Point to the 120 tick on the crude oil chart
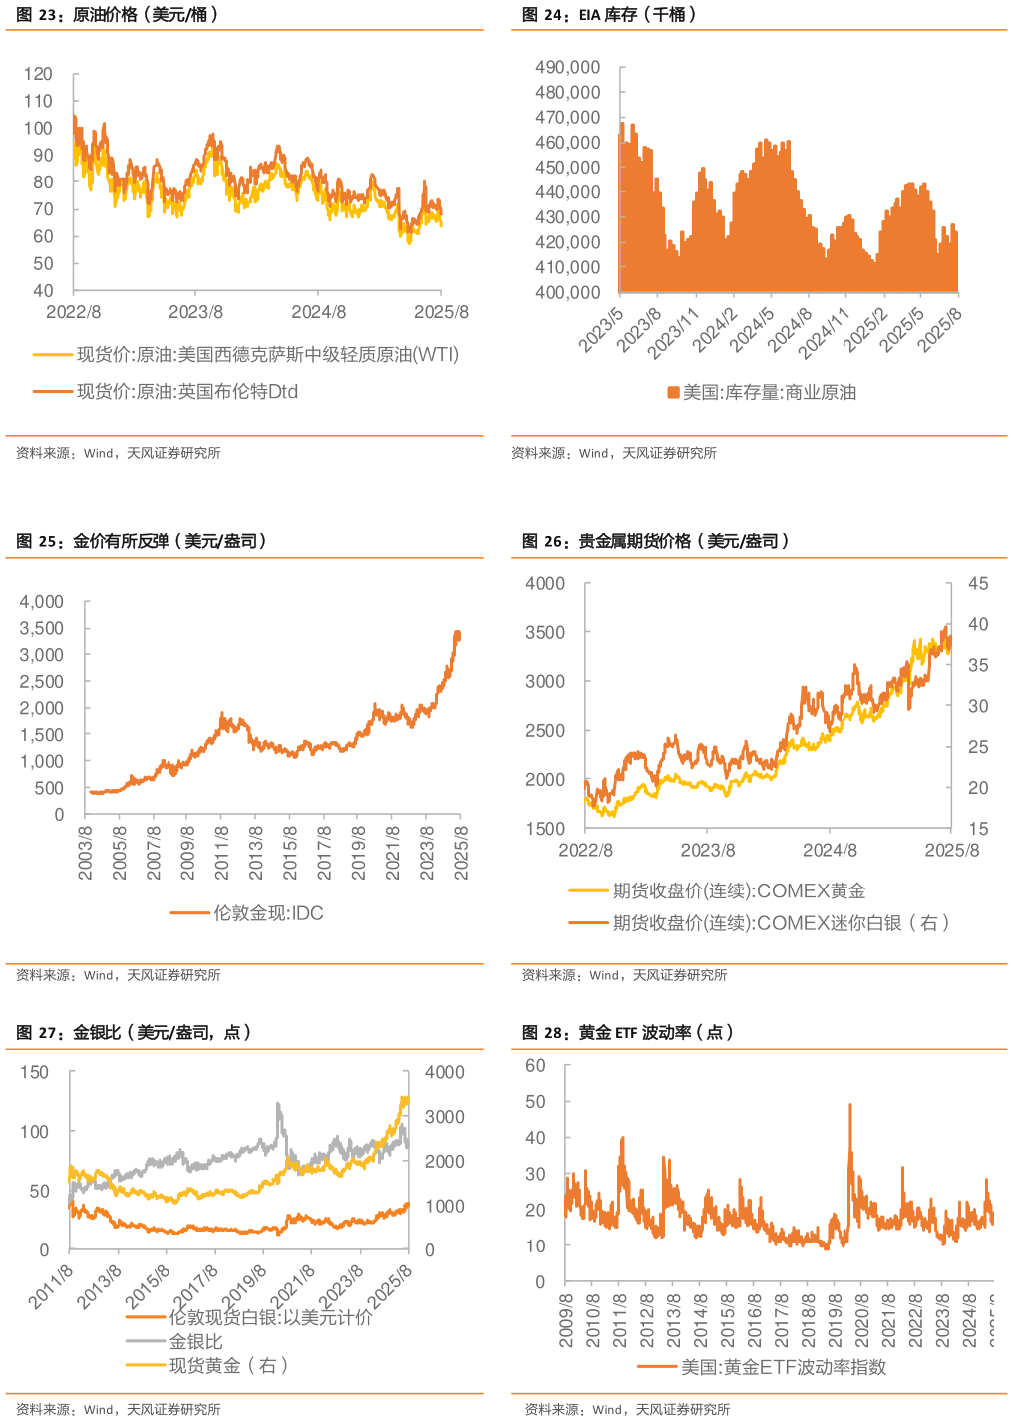38,74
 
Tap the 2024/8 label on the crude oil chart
318,312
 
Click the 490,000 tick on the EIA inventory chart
568,67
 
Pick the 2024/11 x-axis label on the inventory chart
823,333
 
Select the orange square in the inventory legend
673,392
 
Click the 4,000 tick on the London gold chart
42,602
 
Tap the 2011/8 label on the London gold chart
221,852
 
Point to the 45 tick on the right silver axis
978,583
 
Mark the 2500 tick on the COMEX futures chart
545,730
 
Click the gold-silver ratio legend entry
195,1341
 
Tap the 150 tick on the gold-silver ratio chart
34,1072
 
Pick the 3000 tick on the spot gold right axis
444,1117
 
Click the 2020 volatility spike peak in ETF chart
849,1105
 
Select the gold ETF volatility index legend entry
784,1367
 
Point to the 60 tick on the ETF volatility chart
536,1066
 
